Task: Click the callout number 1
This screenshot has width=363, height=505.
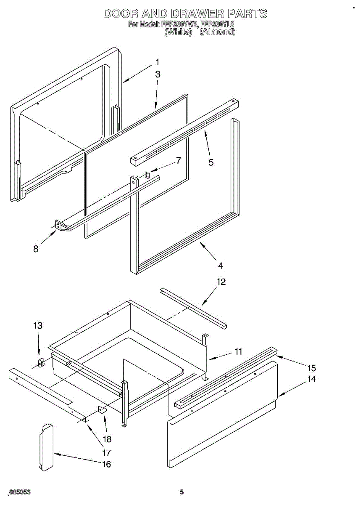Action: point(157,62)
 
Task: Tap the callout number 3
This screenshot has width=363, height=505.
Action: point(158,74)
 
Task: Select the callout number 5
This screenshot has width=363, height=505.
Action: point(211,162)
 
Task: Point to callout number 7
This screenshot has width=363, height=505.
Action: point(178,160)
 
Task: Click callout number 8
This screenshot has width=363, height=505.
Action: point(36,249)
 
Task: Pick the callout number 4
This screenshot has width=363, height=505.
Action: point(221,266)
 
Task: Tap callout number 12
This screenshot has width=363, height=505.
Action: point(221,282)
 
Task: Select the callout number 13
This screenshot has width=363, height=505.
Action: point(38,325)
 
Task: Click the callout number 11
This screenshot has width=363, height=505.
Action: point(238,351)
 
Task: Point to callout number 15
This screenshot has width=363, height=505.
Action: point(311,368)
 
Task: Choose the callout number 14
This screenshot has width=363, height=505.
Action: point(311,379)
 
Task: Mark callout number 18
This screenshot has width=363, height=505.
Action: point(107,439)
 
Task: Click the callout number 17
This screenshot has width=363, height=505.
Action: point(106,453)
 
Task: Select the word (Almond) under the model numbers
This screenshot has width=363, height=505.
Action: point(217,32)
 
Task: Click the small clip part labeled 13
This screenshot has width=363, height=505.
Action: point(41,362)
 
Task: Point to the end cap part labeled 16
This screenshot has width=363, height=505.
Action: point(47,447)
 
